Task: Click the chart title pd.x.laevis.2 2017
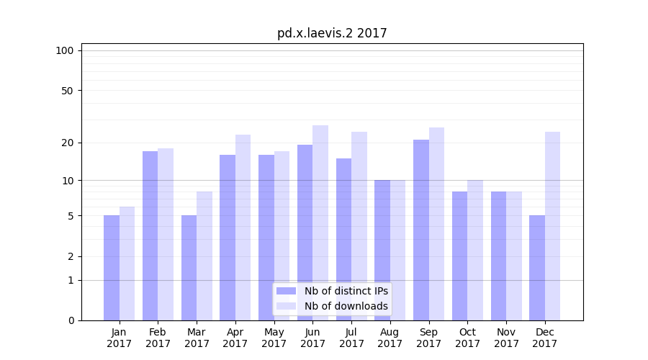(x=332, y=33)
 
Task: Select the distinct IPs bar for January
(x=112, y=268)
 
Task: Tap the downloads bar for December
(x=552, y=226)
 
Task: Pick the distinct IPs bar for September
(x=421, y=230)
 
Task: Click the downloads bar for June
(x=320, y=222)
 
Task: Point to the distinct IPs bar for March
(x=189, y=268)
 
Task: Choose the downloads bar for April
(x=243, y=228)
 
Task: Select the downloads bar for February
(x=166, y=234)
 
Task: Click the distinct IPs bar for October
(x=459, y=256)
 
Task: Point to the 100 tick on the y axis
(x=65, y=50)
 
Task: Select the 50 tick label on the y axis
(x=67, y=91)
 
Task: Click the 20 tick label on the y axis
(x=67, y=143)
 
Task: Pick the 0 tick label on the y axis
(x=71, y=320)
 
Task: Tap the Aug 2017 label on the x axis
(x=390, y=338)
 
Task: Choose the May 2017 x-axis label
(x=274, y=338)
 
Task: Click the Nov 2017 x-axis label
(x=506, y=338)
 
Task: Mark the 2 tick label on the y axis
(x=71, y=256)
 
